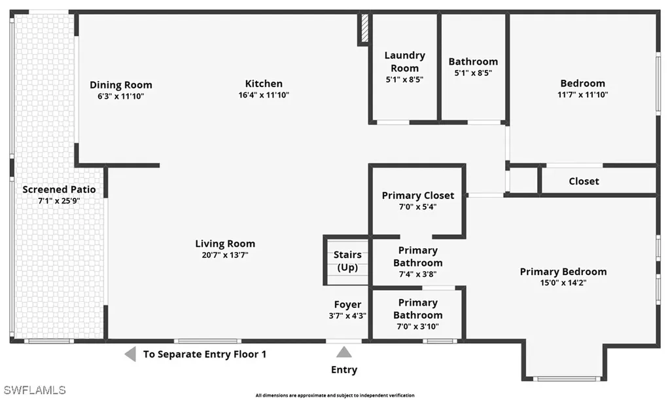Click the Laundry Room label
pyautogui.click(x=404, y=62)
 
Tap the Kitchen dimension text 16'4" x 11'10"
pyautogui.click(x=264, y=95)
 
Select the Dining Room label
pyautogui.click(x=121, y=84)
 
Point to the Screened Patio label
pyautogui.click(x=59, y=189)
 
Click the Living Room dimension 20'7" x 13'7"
pyautogui.click(x=225, y=255)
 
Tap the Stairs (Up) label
pyautogui.click(x=347, y=261)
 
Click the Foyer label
pyautogui.click(x=347, y=304)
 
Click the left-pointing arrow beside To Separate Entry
pyautogui.click(x=130, y=354)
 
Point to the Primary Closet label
pyautogui.click(x=418, y=195)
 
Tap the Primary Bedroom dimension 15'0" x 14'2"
pyautogui.click(x=563, y=282)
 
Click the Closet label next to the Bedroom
pyautogui.click(x=584, y=181)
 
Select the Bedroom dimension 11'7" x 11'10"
pyautogui.click(x=583, y=94)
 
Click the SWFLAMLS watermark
pyautogui.click(x=35, y=390)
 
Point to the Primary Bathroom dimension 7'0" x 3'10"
pyautogui.click(x=418, y=327)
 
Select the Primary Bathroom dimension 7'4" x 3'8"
pyautogui.click(x=418, y=274)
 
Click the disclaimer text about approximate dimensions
pyautogui.click(x=335, y=395)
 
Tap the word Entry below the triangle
pyautogui.click(x=344, y=370)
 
